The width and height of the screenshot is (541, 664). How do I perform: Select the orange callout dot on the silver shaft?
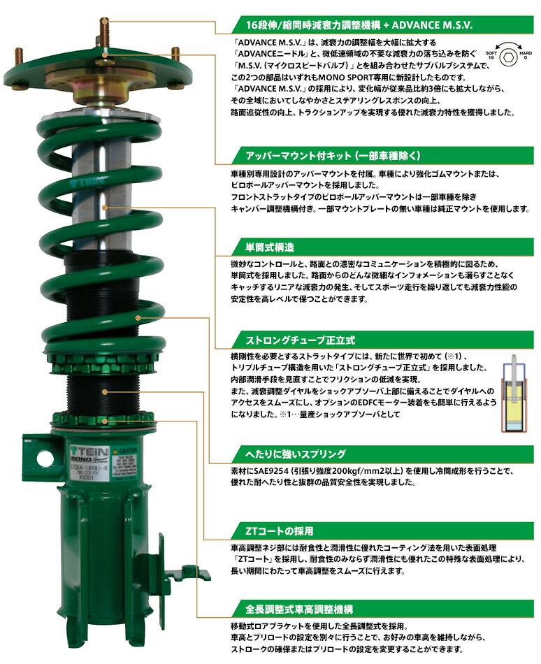click(x=106, y=207)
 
